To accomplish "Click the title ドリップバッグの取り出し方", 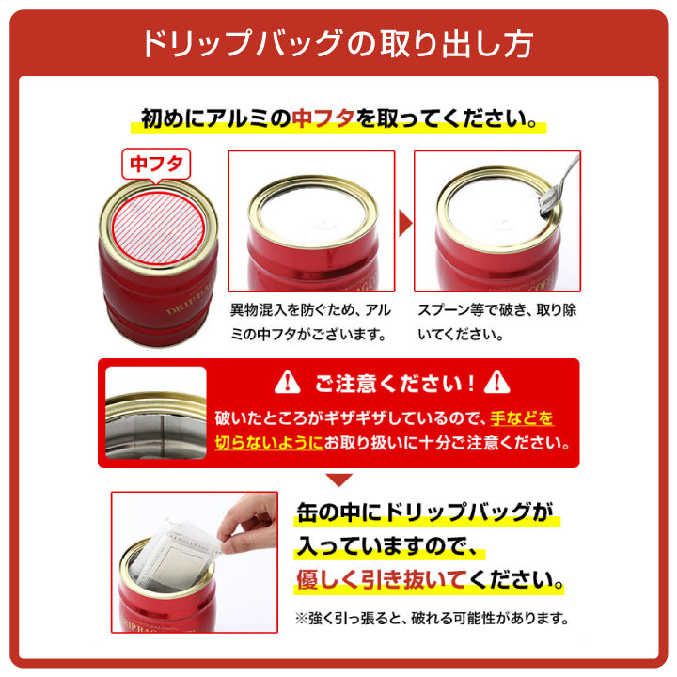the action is click(x=338, y=43).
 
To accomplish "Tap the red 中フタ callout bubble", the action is click(x=156, y=164).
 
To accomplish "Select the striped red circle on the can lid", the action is click(x=158, y=228).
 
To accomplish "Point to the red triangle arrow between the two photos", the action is click(x=405, y=223).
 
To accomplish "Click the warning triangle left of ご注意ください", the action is click(x=287, y=383).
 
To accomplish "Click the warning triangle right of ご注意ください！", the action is click(x=497, y=383).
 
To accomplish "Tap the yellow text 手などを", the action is click(x=522, y=417).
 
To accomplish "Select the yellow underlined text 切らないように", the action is click(x=269, y=443).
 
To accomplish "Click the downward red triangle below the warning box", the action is click(x=338, y=480).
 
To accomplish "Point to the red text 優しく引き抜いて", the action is click(x=382, y=579).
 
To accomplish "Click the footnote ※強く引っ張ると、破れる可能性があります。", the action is click(x=433, y=618).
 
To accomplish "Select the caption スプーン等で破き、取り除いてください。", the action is click(x=497, y=323).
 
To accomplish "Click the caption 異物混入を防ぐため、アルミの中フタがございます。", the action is click(x=310, y=323).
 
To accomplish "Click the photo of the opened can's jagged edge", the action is click(x=156, y=413).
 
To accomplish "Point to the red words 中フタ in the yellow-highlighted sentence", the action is click(x=323, y=118).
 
